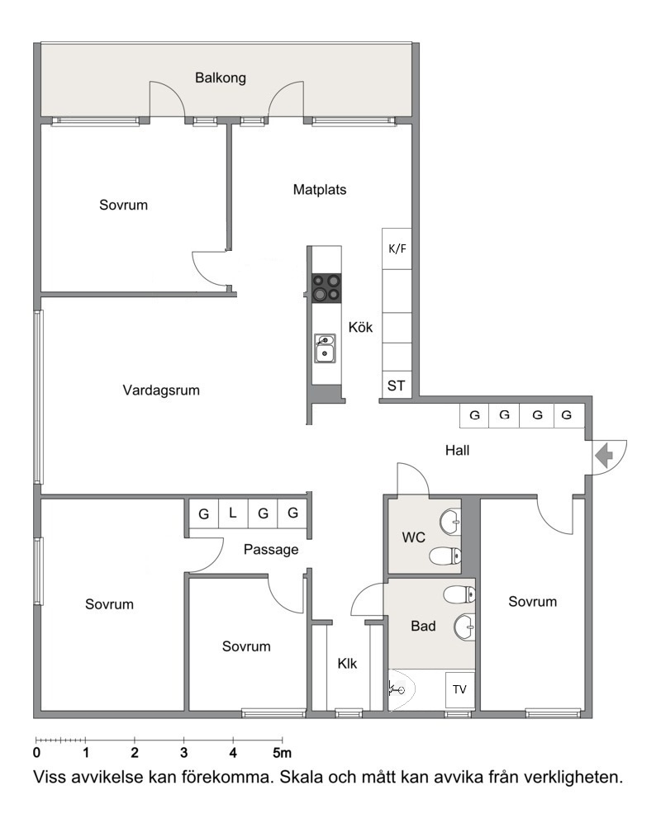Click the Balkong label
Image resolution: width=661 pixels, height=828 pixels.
pos(221,78)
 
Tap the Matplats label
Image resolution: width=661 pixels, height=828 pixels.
pos(320,190)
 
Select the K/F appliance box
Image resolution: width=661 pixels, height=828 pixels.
pos(397,248)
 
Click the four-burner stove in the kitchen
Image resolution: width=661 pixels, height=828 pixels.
pos(326,288)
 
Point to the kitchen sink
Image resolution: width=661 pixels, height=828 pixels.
pos(325,348)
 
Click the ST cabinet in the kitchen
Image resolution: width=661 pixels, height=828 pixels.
pos(397,385)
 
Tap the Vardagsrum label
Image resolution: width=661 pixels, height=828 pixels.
pos(161,390)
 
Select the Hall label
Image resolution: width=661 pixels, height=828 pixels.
pos(457,451)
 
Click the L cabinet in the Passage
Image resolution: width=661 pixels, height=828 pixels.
pos(232,513)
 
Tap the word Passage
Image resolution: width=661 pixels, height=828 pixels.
pos(271,550)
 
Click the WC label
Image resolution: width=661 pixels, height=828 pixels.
pos(413,537)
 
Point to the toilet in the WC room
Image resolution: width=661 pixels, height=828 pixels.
pos(445,556)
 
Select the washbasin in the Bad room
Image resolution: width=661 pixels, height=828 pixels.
pos(464,627)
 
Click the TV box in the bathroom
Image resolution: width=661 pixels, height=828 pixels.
pos(459,689)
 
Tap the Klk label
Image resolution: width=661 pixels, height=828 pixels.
pos(347,664)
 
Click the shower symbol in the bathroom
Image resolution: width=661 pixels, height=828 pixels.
pos(397,688)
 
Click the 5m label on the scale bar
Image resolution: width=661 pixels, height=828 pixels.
pos(282,753)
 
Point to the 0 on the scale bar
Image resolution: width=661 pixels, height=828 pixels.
pos(36,753)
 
